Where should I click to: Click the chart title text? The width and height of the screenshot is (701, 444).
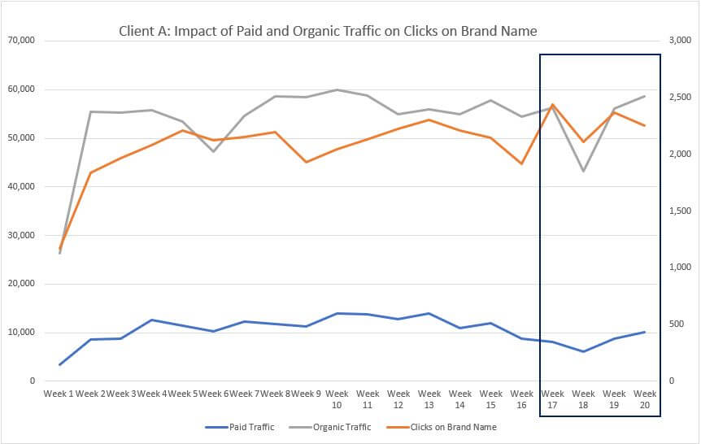[328, 31]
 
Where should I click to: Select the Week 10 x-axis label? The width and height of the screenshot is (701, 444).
[337, 398]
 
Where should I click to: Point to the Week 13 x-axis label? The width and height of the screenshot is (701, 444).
[429, 398]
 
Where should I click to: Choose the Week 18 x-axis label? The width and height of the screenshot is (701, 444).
[583, 398]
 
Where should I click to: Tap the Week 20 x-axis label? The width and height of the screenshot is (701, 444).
[645, 398]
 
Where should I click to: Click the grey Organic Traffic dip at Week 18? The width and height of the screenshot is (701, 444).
[583, 171]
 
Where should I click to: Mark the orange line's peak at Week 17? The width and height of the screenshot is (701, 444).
[553, 105]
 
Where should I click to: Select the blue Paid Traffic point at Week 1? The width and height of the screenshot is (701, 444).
[60, 364]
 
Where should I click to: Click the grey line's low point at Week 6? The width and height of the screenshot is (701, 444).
[214, 151]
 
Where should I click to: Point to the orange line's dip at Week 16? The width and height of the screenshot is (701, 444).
[522, 163]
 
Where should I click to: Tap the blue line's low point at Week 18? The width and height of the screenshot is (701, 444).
[583, 351]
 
